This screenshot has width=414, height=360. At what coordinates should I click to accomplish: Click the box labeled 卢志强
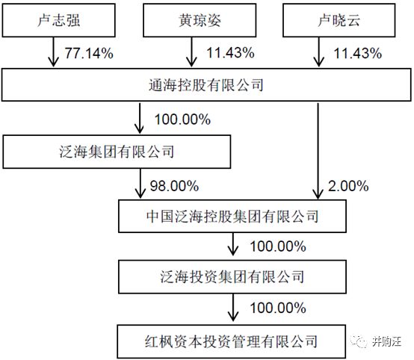click(x=58, y=20)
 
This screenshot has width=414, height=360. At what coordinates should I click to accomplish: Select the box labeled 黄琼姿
click(x=200, y=20)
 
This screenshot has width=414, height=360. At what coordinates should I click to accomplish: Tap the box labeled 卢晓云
click(x=339, y=20)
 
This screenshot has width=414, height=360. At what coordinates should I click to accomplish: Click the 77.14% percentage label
click(x=89, y=53)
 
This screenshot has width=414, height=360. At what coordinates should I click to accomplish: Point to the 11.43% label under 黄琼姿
click(x=230, y=52)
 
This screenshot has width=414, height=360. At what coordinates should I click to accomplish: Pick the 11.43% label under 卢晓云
click(x=358, y=53)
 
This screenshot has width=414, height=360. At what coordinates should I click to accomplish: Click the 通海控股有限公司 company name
click(x=206, y=85)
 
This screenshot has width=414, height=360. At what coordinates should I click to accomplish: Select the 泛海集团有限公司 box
click(x=117, y=152)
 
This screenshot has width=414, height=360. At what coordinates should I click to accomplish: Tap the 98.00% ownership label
click(x=174, y=186)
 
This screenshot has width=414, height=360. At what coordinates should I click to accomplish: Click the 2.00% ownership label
click(x=348, y=186)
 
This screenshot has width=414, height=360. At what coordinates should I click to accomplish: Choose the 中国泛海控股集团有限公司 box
click(x=232, y=216)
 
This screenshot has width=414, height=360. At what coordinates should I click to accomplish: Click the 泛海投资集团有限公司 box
click(x=232, y=277)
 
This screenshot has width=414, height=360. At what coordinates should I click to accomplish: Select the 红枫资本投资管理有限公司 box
click(x=232, y=341)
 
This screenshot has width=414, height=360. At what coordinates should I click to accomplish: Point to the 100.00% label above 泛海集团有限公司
click(x=182, y=120)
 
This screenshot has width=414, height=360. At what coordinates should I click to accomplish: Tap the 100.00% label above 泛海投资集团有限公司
click(x=278, y=246)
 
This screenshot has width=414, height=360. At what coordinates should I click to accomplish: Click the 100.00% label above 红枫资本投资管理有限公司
click(x=278, y=308)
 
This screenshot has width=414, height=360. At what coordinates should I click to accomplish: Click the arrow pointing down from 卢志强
click(x=54, y=52)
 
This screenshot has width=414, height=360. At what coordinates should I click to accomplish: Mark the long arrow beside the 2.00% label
click(x=318, y=151)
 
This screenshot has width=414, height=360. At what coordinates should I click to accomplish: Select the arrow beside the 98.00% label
click(x=140, y=183)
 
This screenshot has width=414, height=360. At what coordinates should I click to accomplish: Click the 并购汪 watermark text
click(x=387, y=342)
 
